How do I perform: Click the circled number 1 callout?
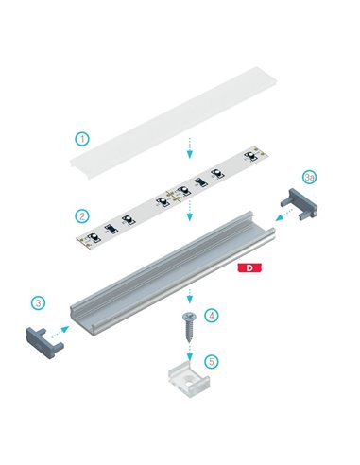[x=82, y=138]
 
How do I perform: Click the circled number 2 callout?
[x=83, y=216]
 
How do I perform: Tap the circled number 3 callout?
[x=39, y=303]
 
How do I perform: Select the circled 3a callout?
[x=309, y=177]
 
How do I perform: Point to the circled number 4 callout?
[x=212, y=315]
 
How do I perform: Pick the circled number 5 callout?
[x=212, y=361]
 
